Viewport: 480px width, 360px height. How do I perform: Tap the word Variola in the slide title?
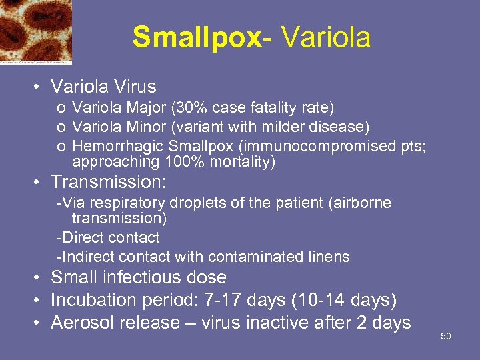(x=326, y=37)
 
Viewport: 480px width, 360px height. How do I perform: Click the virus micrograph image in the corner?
(x=36, y=31)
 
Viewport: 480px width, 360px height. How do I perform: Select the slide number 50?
(x=446, y=336)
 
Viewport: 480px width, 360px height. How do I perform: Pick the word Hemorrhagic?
(x=117, y=146)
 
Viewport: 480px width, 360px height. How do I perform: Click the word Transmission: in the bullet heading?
(x=109, y=182)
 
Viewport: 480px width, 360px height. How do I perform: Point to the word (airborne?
(x=360, y=203)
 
